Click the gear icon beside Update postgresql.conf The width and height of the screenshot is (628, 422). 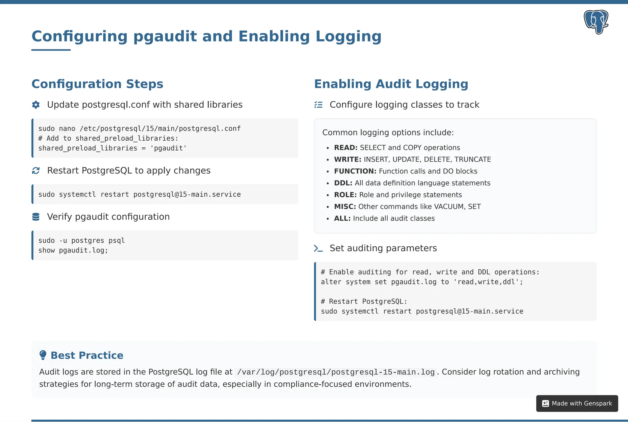(x=36, y=105)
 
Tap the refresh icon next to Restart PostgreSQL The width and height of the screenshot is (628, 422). (x=36, y=171)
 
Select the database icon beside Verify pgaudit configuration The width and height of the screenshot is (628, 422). (x=36, y=217)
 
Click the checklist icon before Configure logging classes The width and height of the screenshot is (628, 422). (x=318, y=105)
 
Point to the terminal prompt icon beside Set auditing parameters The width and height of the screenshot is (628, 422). (x=318, y=248)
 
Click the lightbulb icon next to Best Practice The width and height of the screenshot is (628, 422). (x=43, y=355)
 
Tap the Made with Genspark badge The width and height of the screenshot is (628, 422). (x=577, y=403)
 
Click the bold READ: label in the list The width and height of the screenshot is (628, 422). (x=346, y=148)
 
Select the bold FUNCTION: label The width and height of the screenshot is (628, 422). (x=355, y=171)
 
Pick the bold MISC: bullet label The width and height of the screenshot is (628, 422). (x=345, y=207)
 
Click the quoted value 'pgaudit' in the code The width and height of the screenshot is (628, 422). (x=168, y=148)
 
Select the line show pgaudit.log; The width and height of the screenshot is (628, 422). (x=73, y=250)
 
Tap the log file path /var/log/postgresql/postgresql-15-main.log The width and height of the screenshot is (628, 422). (x=336, y=372)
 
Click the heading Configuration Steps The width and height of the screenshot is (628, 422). (x=97, y=84)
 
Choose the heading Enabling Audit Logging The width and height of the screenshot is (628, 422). (x=391, y=84)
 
